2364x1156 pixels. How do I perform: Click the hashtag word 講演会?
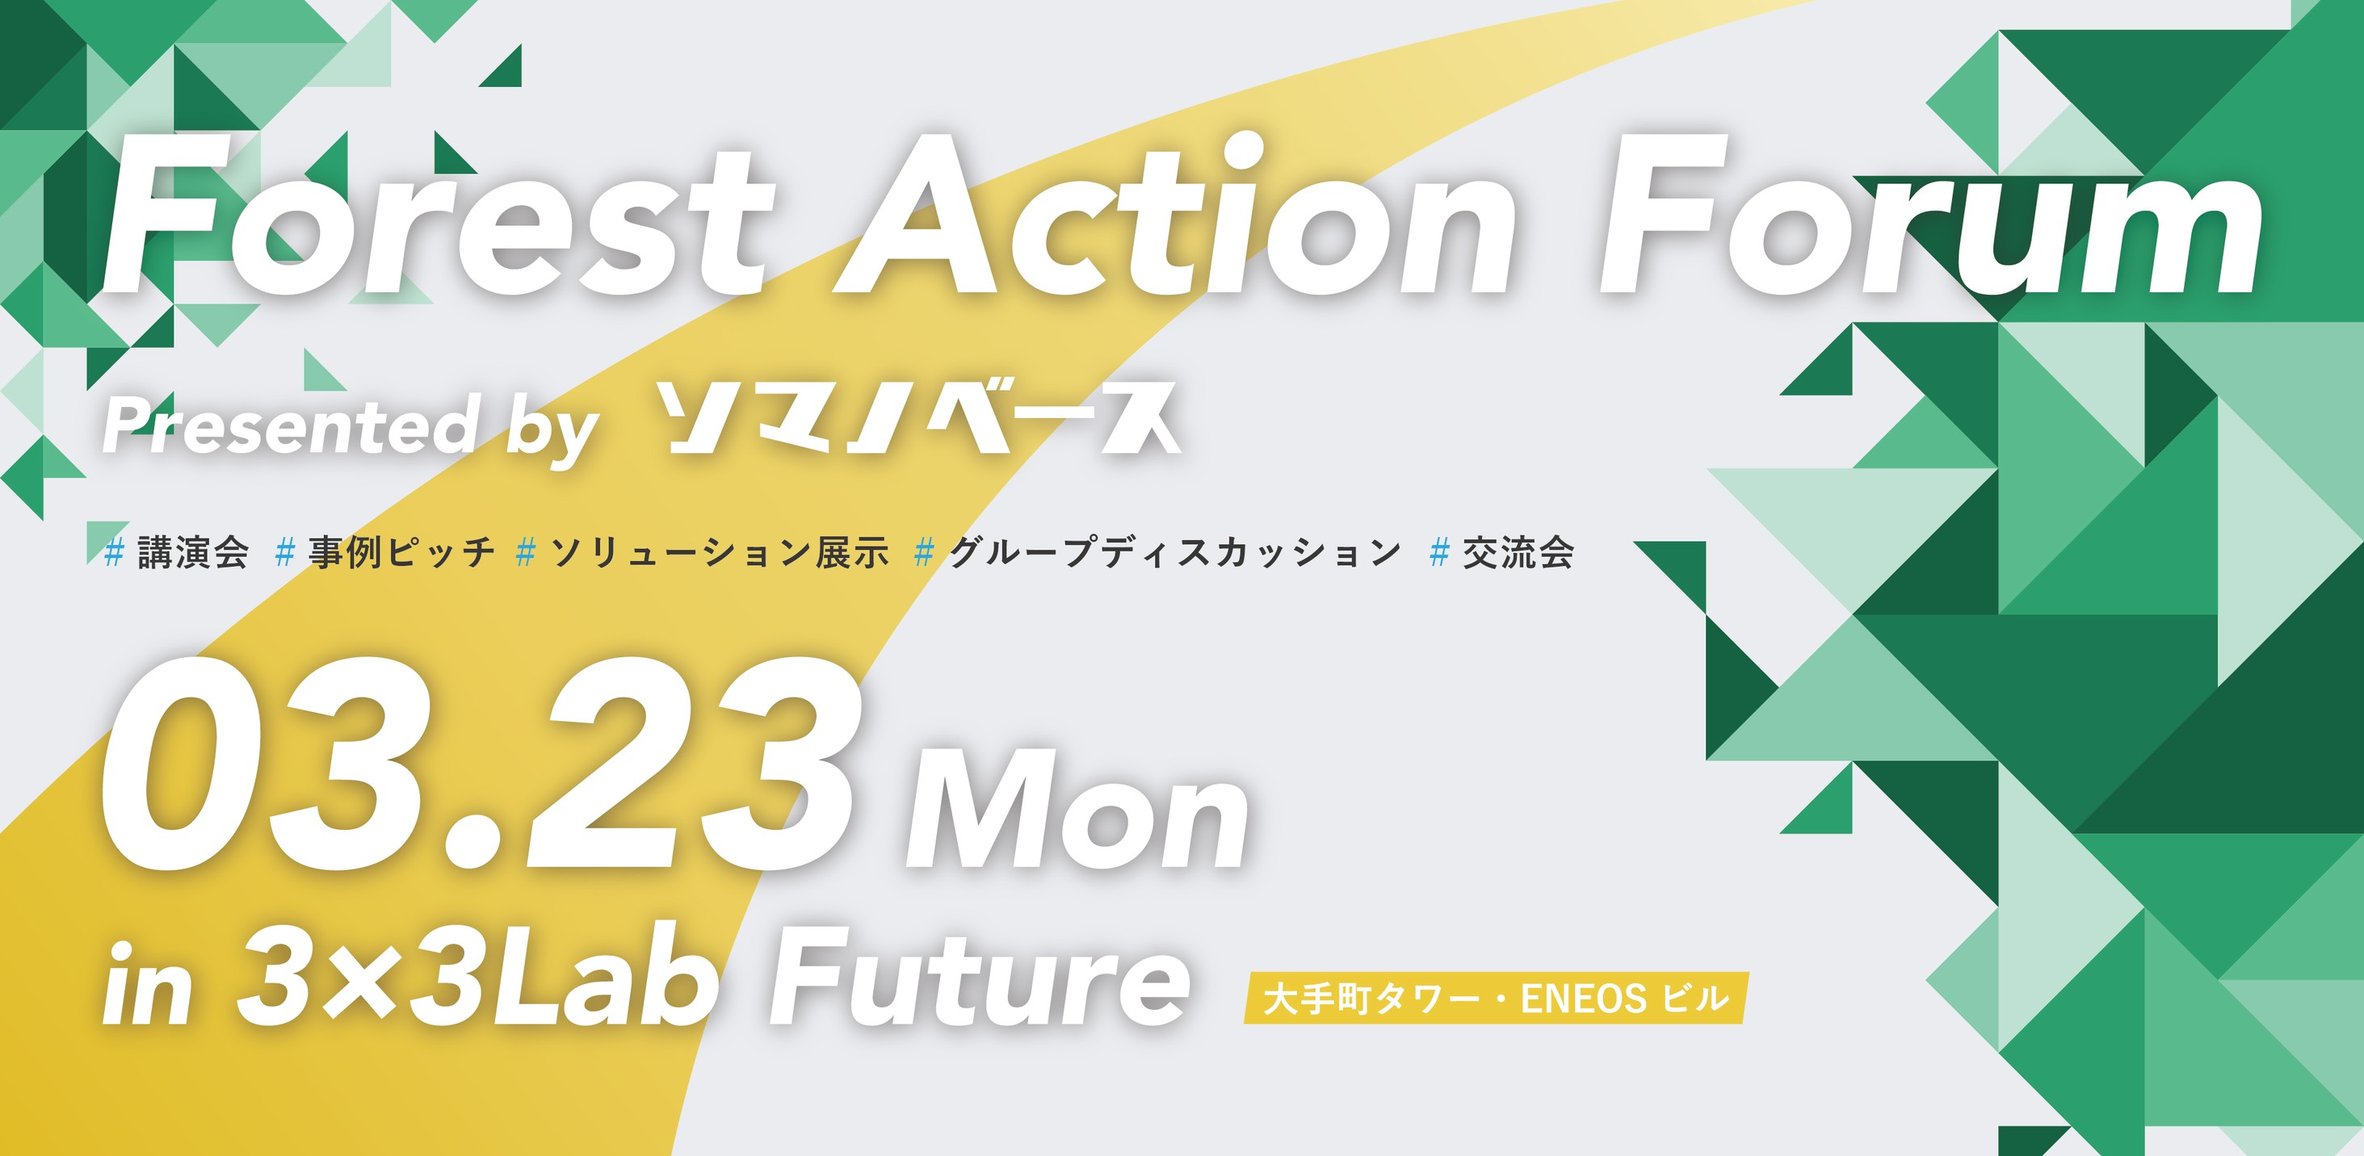[193, 552]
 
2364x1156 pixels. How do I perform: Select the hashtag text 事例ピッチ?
[401, 552]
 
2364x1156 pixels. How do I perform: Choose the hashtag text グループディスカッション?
[1174, 552]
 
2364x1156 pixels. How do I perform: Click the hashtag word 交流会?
[1518, 552]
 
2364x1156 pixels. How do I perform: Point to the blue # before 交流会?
[1440, 553]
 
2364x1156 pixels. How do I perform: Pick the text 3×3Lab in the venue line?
[477, 976]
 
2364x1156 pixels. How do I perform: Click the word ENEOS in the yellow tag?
[1584, 999]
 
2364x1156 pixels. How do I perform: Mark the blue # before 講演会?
[115, 553]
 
